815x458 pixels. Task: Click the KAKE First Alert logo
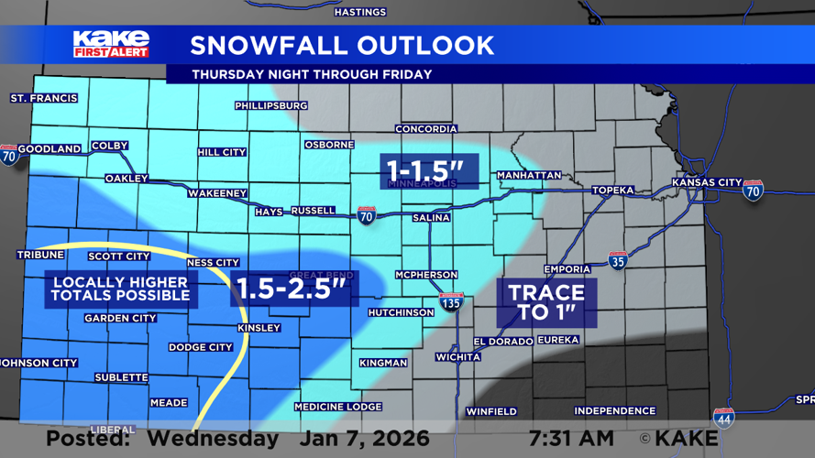point(110,44)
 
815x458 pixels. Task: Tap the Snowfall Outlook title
point(342,45)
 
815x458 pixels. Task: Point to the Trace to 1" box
point(546,303)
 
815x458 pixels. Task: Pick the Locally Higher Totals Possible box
point(121,289)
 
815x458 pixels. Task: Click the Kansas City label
point(706,182)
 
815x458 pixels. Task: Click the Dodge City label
point(200,347)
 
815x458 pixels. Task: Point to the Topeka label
point(612,190)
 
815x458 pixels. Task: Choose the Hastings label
point(360,12)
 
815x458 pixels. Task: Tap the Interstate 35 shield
point(618,261)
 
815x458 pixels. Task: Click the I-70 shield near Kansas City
point(753,190)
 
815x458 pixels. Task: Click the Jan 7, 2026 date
point(354,438)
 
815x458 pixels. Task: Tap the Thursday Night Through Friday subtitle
point(312,74)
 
